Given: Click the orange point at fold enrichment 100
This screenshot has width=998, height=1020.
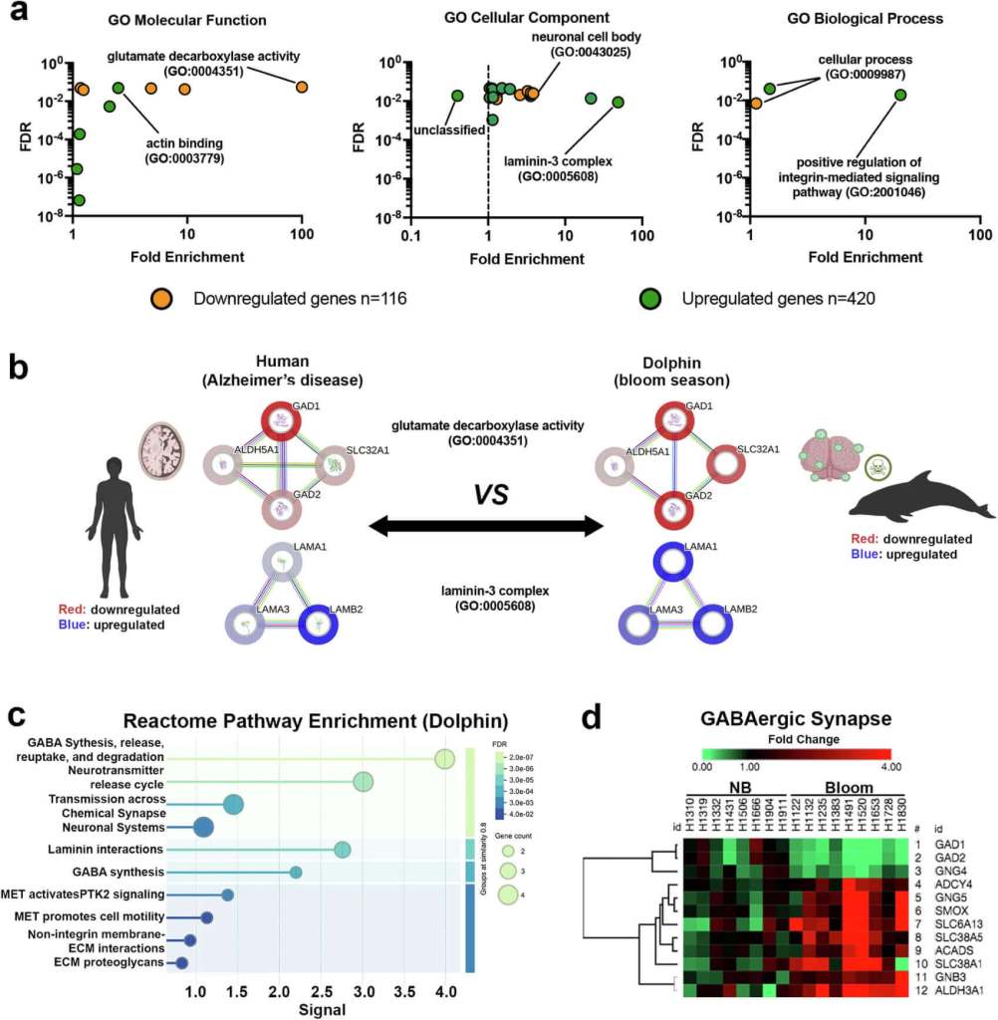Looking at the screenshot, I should click(302, 87).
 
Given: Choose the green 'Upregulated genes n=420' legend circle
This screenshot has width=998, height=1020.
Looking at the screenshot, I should click(651, 298).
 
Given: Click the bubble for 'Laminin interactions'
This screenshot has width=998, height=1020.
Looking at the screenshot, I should click(342, 850).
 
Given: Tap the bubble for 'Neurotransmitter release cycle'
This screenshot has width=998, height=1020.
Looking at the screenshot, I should click(364, 782).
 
